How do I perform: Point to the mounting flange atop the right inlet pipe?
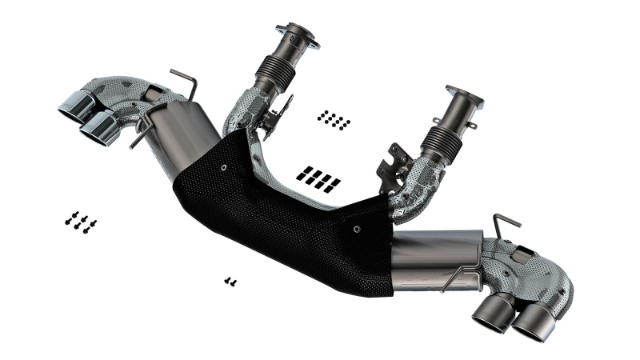[463, 97]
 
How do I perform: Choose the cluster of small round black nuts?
[333, 120]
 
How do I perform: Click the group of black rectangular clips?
[318, 178]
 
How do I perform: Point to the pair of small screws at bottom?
[230, 281]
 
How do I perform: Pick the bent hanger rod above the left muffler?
[185, 82]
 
